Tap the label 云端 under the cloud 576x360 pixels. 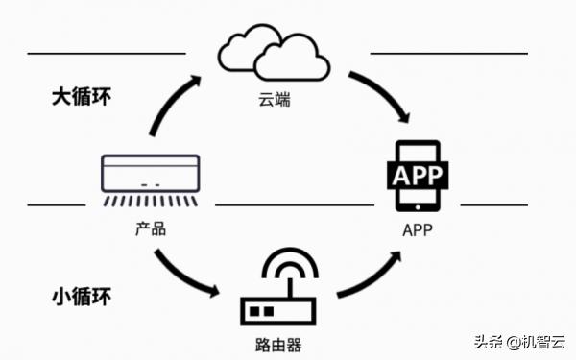click(275, 101)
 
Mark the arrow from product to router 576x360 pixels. click(182, 274)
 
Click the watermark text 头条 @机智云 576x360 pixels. click(518, 342)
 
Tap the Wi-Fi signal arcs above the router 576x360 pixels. click(289, 267)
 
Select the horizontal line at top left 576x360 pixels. click(106, 53)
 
